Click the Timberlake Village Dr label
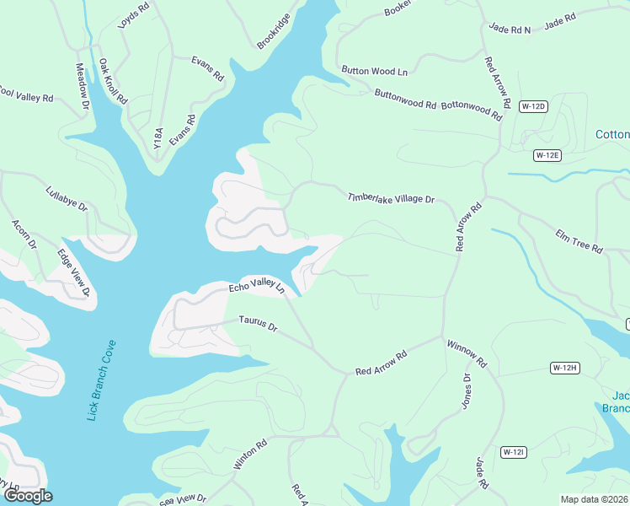(391, 199)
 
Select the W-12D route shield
(533, 106)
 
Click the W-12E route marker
(547, 155)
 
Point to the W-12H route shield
(565, 368)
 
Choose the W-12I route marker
(514, 452)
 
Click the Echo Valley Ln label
(257, 287)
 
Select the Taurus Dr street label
(258, 323)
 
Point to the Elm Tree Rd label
(579, 241)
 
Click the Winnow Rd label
(467, 353)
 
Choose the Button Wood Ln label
(374, 71)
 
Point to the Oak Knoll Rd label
(113, 81)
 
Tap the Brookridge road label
(274, 31)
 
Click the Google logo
(28, 496)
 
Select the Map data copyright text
(594, 499)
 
